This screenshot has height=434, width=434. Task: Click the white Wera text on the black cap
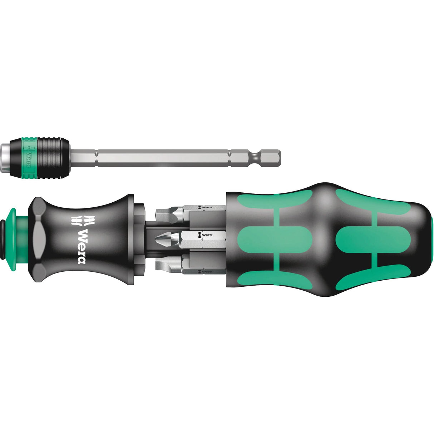coord(82,246)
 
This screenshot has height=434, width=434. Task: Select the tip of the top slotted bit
coord(158,214)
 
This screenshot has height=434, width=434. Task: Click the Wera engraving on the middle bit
coord(205,235)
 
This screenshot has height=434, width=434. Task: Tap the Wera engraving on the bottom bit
coord(205,272)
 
